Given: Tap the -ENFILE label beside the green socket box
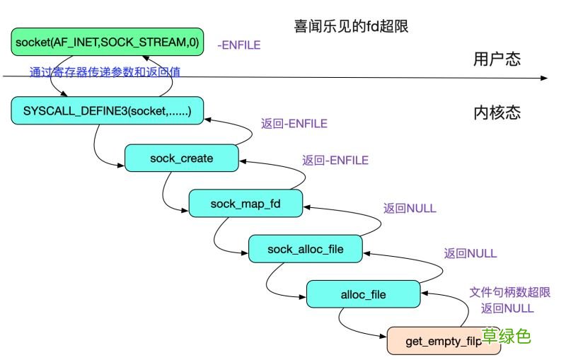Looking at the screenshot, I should tap(238, 45).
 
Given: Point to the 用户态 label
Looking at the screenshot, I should tap(497, 59).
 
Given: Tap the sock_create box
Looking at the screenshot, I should tap(181, 158).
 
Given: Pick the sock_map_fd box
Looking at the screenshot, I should tap(246, 204).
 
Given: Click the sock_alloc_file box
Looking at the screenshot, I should tap(305, 249).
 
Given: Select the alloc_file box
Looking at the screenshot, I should tap(363, 294).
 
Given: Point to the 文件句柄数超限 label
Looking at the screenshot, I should tap(509, 292).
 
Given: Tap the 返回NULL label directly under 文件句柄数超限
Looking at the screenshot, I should tap(507, 308).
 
